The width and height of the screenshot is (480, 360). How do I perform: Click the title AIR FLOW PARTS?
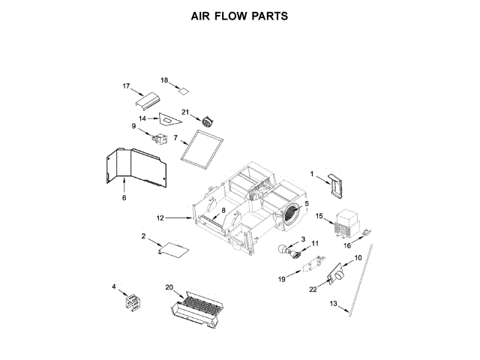pyautogui.click(x=239, y=16)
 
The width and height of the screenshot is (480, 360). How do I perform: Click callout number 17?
pyautogui.click(x=127, y=86)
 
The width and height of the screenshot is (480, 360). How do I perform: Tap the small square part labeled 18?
pyautogui.click(x=182, y=90)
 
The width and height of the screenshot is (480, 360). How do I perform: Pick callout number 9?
pyautogui.click(x=134, y=127)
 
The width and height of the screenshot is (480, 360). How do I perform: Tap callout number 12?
pyautogui.click(x=160, y=217)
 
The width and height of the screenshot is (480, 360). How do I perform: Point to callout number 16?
pyautogui.click(x=347, y=244)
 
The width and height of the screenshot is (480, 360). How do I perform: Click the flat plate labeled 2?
pyautogui.click(x=175, y=250)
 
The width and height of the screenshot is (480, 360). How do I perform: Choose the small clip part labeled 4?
pyautogui.click(x=133, y=301)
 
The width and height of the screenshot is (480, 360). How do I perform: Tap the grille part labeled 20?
pyautogui.click(x=198, y=307)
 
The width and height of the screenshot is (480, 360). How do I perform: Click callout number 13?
pyautogui.click(x=335, y=304)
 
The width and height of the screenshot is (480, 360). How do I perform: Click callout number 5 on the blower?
pyautogui.click(x=306, y=204)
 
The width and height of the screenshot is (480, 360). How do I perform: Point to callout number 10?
pyautogui.click(x=358, y=258)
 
